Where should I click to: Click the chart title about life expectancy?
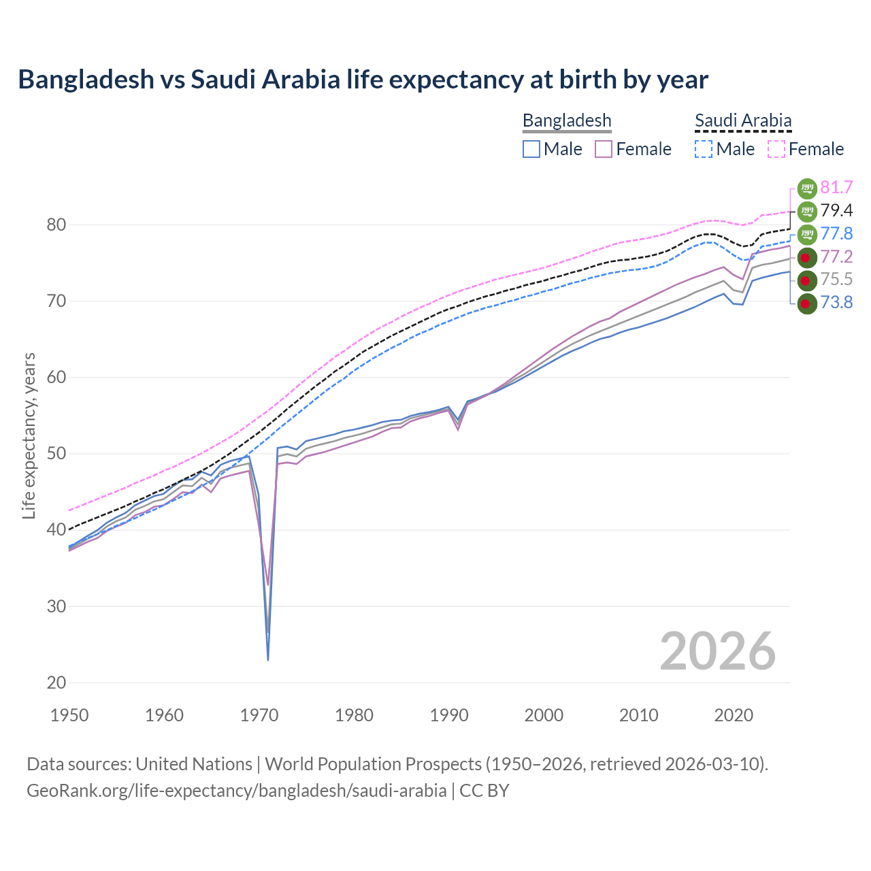tap(363, 80)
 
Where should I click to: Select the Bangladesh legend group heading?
tap(567, 121)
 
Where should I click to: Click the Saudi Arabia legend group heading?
tap(743, 121)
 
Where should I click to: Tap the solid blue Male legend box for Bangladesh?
tap(531, 149)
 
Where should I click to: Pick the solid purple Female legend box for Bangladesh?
tap(604, 149)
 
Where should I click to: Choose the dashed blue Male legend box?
tap(704, 149)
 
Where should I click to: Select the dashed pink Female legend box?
tap(776, 149)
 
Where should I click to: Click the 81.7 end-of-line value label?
tap(836, 188)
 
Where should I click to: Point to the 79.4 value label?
tap(836, 211)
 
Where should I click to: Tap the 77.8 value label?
tap(836, 234)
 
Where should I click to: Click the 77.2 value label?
tap(836, 257)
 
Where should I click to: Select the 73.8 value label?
tap(836, 303)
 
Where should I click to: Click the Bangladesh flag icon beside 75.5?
tap(806, 280)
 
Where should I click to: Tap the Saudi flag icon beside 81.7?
tap(806, 188)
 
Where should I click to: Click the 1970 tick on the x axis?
tap(259, 715)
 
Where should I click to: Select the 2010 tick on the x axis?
tap(638, 715)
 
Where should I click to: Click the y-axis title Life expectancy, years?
tap(29, 435)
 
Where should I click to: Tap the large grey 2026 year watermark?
tap(717, 651)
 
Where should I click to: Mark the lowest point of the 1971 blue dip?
tap(268, 659)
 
